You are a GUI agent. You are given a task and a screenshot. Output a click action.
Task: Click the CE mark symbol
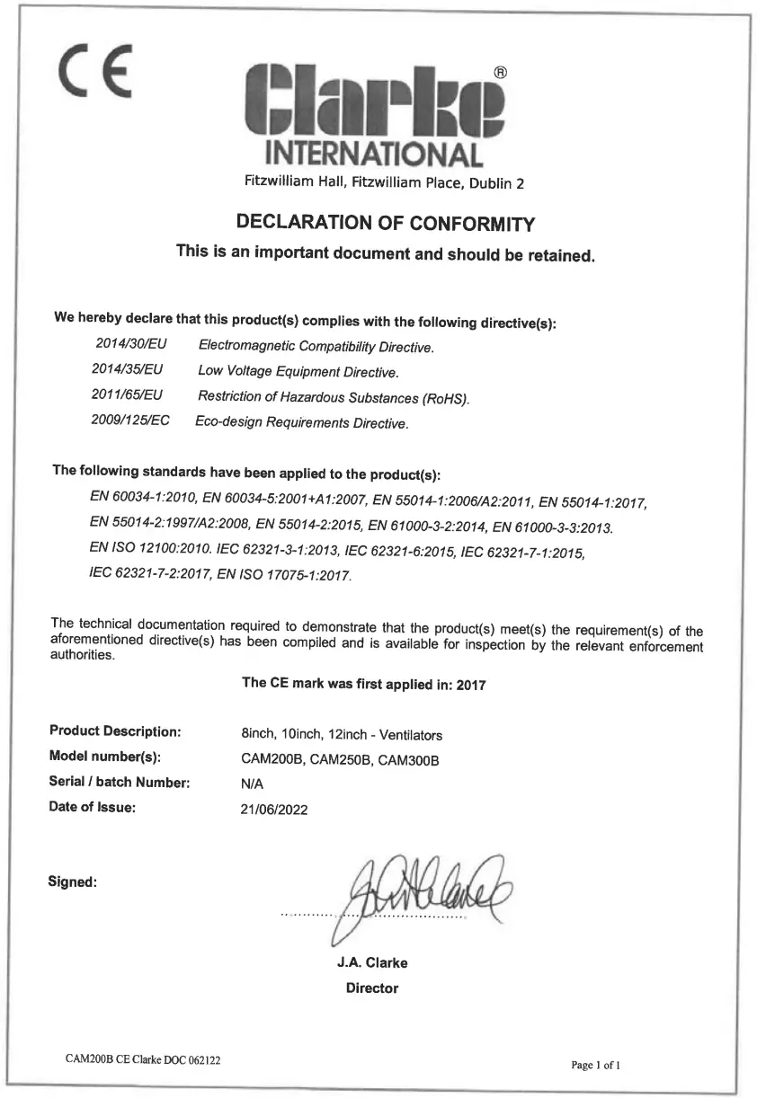94,70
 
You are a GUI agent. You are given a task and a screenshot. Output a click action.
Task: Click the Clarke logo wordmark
375,105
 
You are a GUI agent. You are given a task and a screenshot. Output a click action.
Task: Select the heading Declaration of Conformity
385,222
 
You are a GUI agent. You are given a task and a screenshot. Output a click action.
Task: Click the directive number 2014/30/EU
131,345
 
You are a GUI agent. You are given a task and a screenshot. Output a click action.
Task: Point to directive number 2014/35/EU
128,369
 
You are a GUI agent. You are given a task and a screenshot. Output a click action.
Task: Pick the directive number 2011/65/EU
128,394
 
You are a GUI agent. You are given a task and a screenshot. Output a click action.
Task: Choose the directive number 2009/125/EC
130,420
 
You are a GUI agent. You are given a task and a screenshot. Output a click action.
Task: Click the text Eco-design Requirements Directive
302,422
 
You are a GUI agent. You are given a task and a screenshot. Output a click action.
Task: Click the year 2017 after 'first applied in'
471,685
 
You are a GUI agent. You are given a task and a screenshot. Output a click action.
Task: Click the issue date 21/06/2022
275,810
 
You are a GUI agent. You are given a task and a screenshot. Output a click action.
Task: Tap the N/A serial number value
252,784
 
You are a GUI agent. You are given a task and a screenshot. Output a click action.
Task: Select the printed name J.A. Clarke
372,963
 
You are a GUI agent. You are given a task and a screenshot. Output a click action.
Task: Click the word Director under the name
372,988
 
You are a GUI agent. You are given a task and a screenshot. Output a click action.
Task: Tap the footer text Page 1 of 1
596,1065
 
